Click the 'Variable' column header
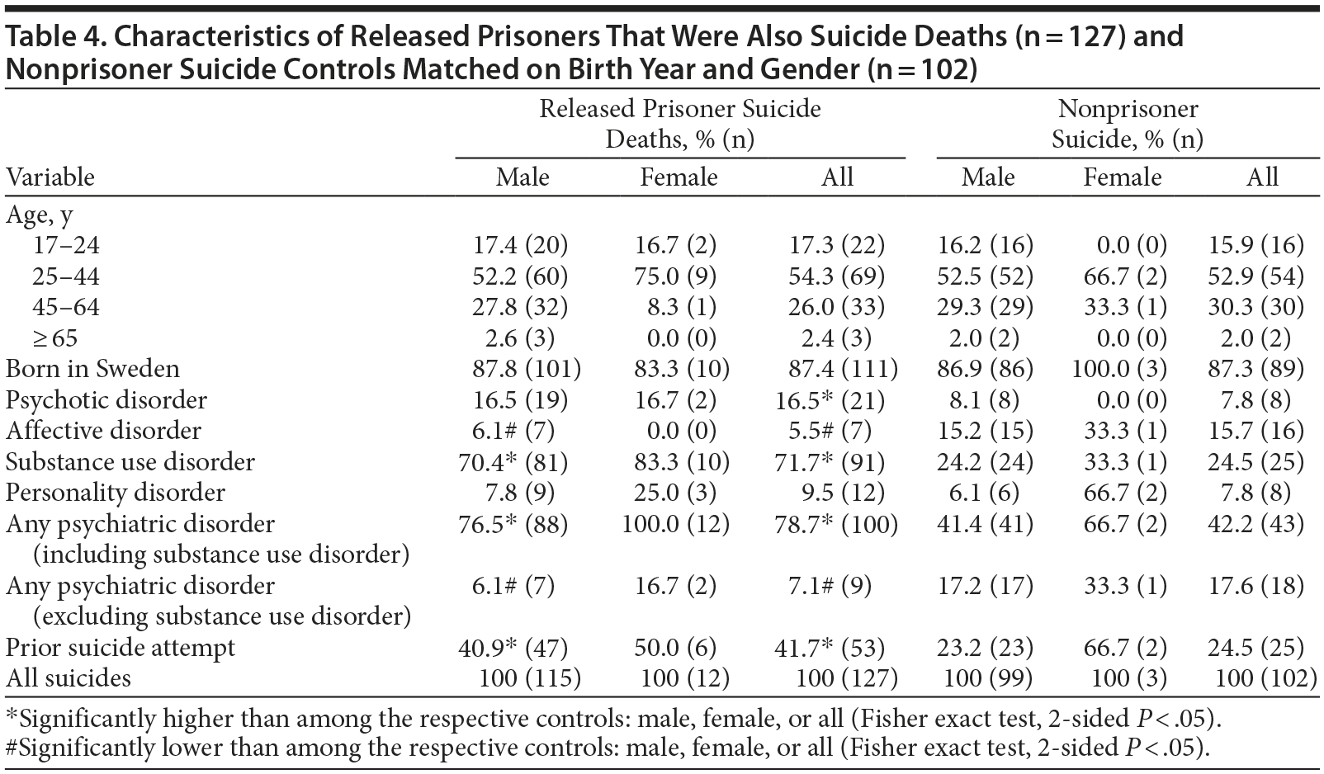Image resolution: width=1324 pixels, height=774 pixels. coord(50,177)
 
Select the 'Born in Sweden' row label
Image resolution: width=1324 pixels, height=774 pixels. coord(92,369)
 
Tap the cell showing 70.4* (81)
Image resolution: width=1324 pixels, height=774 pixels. coord(513,462)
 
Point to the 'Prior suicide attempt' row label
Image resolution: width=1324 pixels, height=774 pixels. coord(121,648)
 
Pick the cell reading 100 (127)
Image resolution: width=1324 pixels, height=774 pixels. coord(846,678)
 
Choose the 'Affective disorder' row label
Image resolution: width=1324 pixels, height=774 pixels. coord(103,431)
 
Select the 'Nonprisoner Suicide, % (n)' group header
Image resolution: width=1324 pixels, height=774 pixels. coord(1128,124)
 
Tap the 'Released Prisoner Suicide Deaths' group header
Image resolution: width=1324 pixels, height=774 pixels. coord(680,124)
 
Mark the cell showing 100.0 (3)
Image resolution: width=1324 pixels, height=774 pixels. coord(1119,369)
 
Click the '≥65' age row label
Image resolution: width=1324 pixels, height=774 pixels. coord(55,338)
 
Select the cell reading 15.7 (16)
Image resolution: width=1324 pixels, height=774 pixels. coord(1255,431)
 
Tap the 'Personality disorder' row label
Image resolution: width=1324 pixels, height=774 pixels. coord(116,493)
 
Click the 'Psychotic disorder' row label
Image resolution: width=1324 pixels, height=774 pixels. coord(106,400)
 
